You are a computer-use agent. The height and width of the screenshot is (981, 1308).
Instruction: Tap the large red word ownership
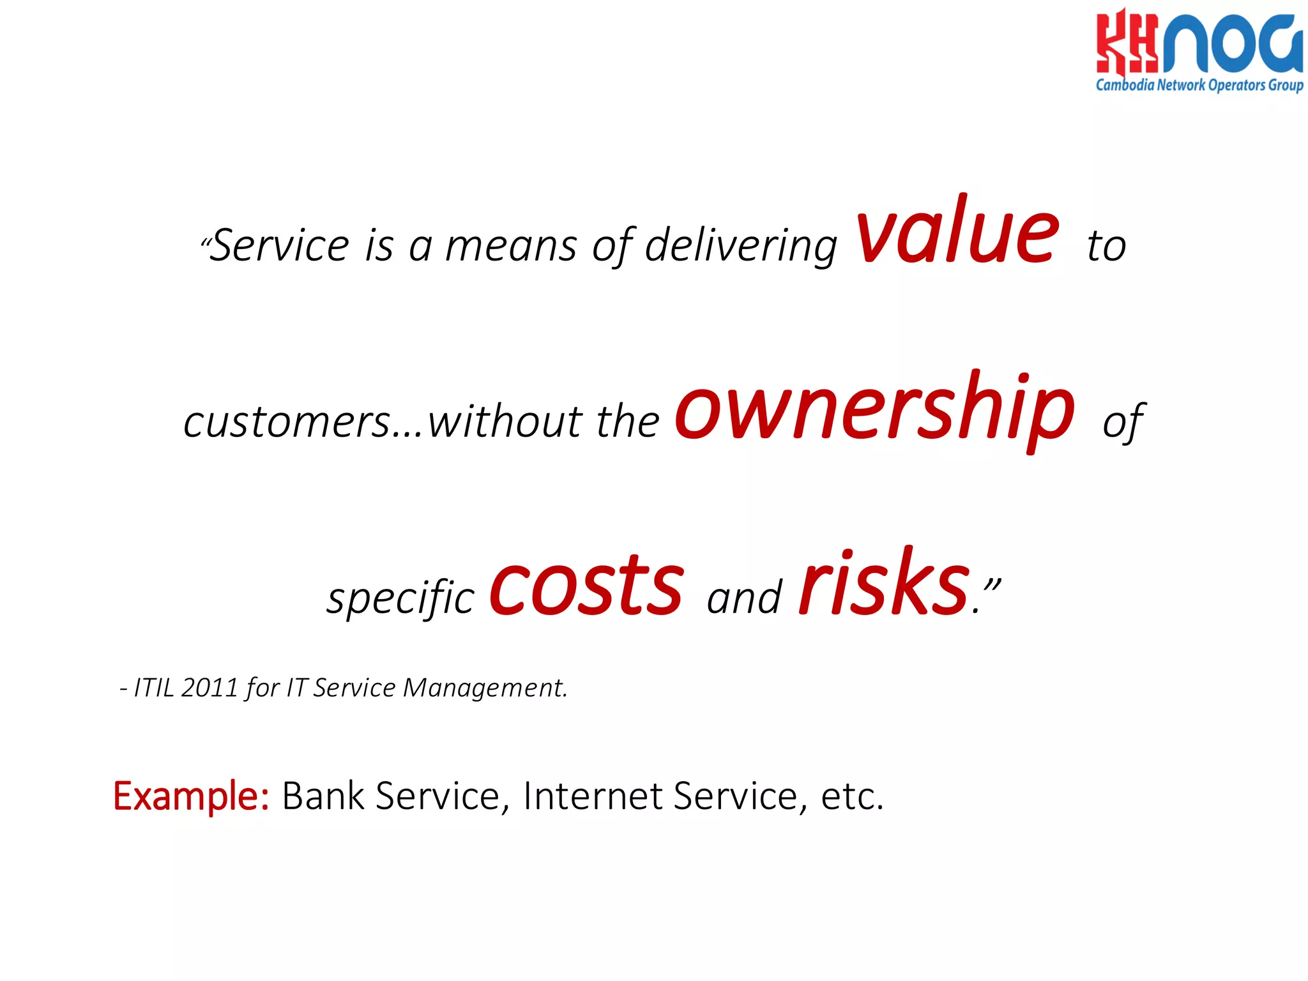(x=874, y=409)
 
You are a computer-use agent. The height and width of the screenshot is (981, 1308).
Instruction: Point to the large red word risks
(x=884, y=584)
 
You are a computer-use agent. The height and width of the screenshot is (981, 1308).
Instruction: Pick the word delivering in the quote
(x=741, y=247)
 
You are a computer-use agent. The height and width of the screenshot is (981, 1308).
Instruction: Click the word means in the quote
(x=511, y=247)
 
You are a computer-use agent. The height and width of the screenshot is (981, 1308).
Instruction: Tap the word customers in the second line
(x=287, y=423)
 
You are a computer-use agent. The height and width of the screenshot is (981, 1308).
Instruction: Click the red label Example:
(x=191, y=796)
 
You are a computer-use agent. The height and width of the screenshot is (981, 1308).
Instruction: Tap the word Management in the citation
(x=485, y=688)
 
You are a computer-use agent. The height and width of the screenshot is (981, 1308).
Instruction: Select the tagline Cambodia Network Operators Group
(x=1199, y=85)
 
